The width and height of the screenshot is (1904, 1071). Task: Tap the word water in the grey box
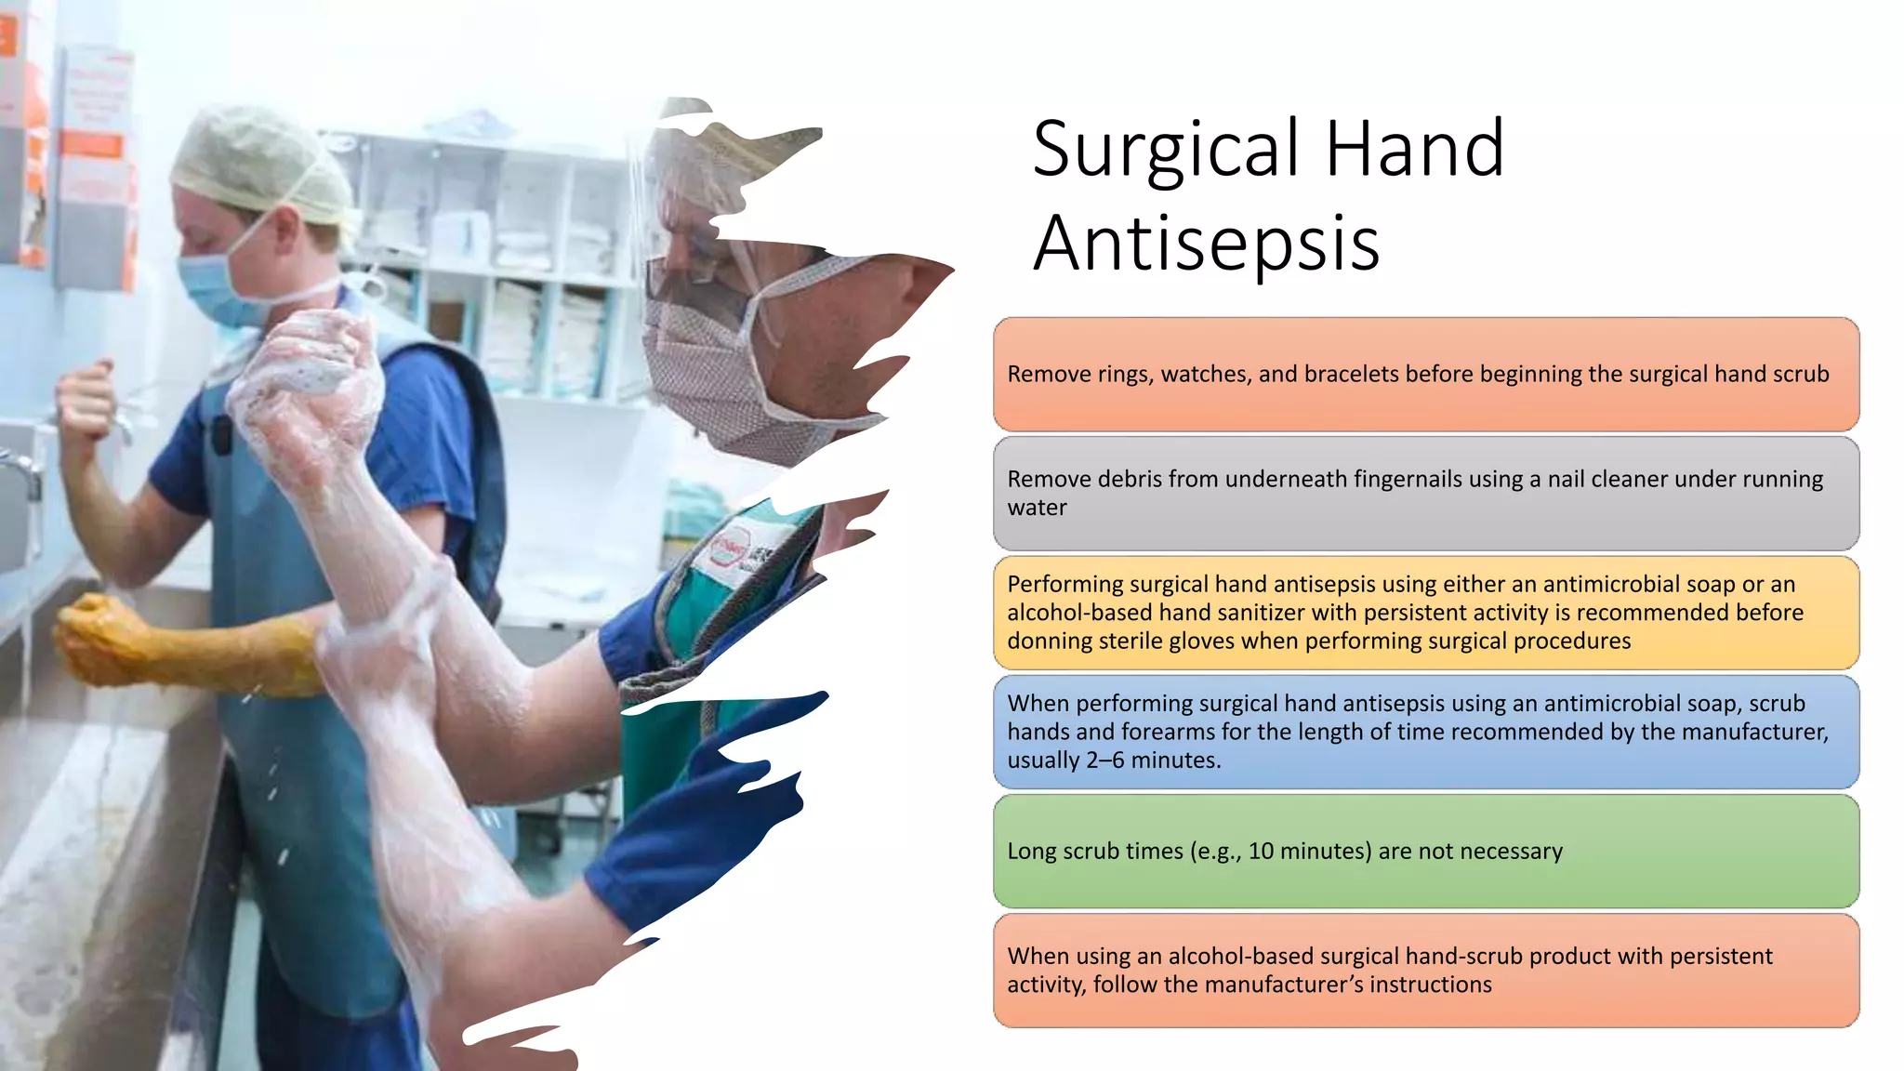pyautogui.click(x=1037, y=508)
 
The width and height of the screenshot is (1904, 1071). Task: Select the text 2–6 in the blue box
pyautogui.click(x=1104, y=760)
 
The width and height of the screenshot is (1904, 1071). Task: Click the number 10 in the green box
pyautogui.click(x=1261, y=851)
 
